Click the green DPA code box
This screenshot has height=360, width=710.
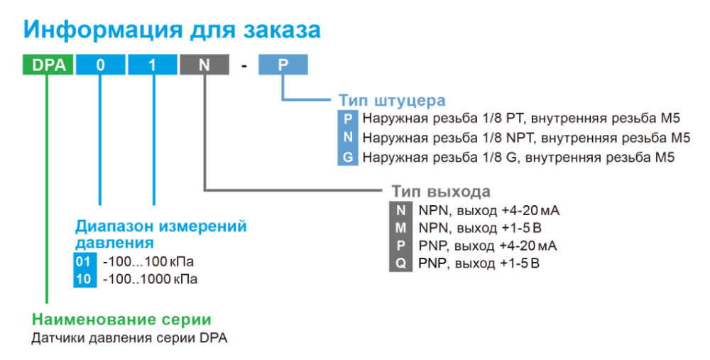(48, 65)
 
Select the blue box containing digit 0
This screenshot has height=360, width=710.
(100, 65)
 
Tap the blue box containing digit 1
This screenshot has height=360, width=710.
(153, 65)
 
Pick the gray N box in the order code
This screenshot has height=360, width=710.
(204, 65)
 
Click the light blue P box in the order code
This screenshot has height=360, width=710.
(283, 65)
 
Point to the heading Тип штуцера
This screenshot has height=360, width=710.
(392, 100)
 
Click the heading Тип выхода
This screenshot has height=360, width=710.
(441, 191)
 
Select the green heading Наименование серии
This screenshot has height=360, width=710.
(121, 320)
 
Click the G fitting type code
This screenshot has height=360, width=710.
(348, 157)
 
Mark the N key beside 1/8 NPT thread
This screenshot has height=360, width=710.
(348, 137)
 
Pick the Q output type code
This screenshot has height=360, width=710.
(400, 263)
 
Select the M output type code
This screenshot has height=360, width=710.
(400, 228)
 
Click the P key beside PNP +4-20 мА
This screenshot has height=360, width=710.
(400, 246)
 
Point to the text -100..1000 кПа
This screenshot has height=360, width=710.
(151, 279)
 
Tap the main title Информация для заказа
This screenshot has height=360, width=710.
(172, 29)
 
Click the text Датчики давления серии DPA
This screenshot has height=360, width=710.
(129, 338)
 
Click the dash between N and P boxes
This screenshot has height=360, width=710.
(244, 66)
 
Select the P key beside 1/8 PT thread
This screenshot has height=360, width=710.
(348, 119)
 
